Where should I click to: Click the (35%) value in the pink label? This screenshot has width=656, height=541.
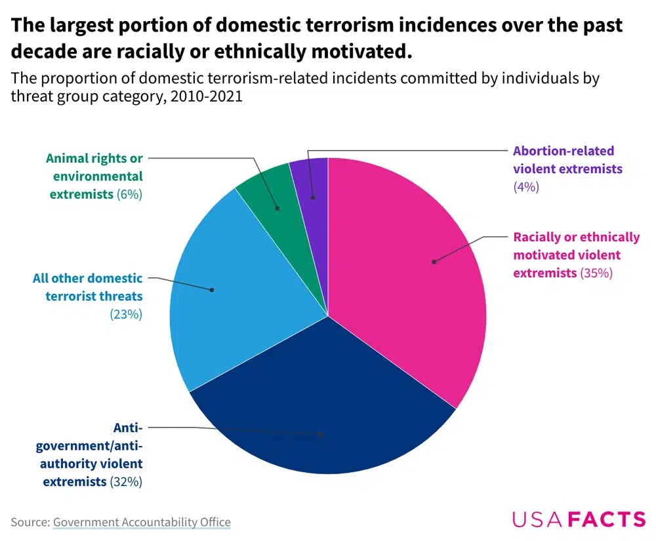pos(596,273)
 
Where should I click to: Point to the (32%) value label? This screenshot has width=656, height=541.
pos(126,481)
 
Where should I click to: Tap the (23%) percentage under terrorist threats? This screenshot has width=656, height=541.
pos(126,314)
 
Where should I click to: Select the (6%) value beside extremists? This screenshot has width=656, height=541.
pos(129,194)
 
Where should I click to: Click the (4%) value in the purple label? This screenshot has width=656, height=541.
pos(526,186)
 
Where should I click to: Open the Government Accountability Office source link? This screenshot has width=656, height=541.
pos(142,522)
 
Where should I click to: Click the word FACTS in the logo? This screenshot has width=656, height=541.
pos(607,519)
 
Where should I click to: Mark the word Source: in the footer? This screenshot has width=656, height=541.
pos(30,522)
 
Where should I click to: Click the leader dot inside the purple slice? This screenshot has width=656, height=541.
pos(313,197)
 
